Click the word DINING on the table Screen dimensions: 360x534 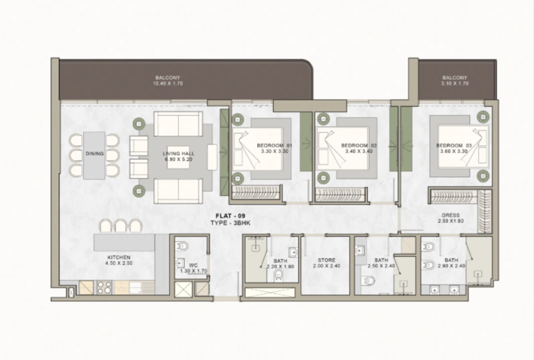94,154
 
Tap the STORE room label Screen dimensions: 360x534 327,260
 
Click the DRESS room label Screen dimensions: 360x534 449,214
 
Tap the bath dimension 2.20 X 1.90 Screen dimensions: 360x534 280,266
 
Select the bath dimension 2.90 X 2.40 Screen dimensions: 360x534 452,266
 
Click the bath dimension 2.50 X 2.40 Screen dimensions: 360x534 381,266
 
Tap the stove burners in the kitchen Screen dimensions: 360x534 104,287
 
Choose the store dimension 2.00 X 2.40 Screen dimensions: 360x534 327,266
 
